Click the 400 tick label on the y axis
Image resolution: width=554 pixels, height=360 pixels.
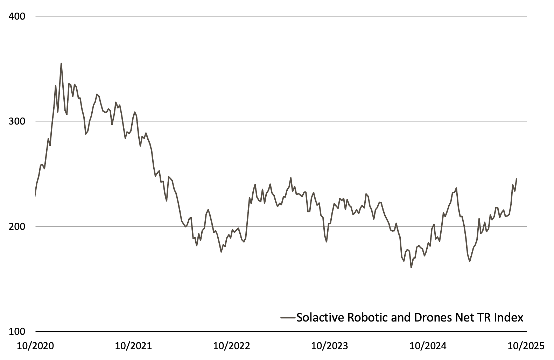tap(17, 16)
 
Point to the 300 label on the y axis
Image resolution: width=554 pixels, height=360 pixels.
tap(17, 121)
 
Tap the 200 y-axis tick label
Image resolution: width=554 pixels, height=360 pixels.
tap(17, 227)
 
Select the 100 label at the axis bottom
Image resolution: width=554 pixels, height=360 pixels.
tap(17, 331)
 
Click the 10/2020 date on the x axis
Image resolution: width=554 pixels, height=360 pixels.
tap(35, 346)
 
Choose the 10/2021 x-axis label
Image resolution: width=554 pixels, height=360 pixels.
tap(133, 346)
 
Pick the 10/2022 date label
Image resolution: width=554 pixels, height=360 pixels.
tap(232, 346)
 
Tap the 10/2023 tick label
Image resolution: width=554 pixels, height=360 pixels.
tap(330, 346)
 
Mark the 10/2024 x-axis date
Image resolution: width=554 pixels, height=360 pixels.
tap(428, 346)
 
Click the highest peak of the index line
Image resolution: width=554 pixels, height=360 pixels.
tap(61, 64)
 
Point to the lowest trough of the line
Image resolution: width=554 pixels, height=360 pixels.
tap(411, 268)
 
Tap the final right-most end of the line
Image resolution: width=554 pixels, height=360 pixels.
tap(517, 179)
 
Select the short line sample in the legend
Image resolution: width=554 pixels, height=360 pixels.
tap(288, 318)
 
